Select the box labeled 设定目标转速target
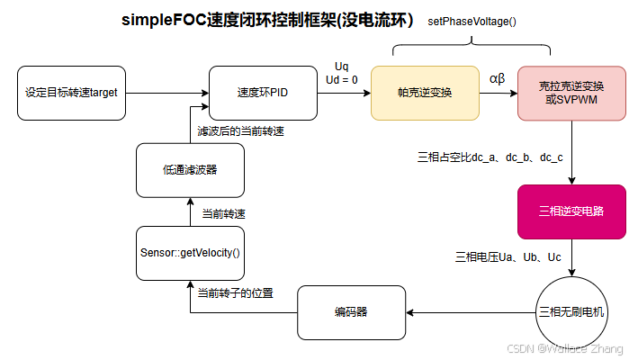coord(71,93)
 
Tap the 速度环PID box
coord(263,93)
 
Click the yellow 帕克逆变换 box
coord(425,93)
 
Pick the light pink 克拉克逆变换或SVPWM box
coord(571,93)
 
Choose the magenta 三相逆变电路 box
coord(571,211)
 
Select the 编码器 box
coord(352,312)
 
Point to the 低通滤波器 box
coord(190,170)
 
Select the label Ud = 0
coord(342,79)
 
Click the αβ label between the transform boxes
coord(498,78)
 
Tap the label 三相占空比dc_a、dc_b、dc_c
coord(490,157)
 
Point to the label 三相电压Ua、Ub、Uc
coord(508,257)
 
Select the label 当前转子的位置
coord(236,292)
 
